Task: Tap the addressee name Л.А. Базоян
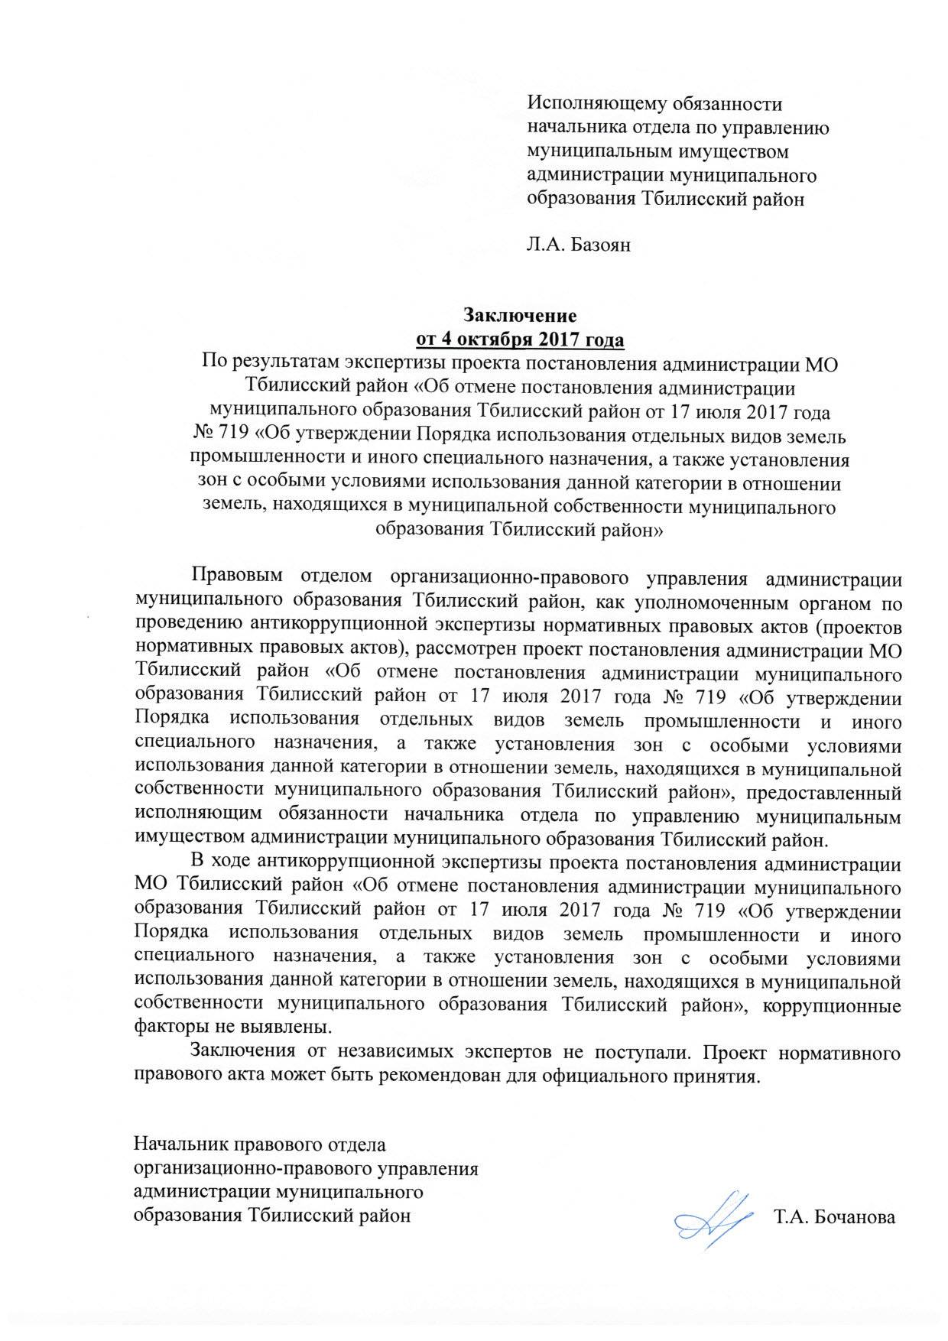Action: pyautogui.click(x=579, y=245)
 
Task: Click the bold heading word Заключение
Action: pyautogui.click(x=520, y=315)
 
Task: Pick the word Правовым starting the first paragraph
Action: pyautogui.click(x=237, y=576)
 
